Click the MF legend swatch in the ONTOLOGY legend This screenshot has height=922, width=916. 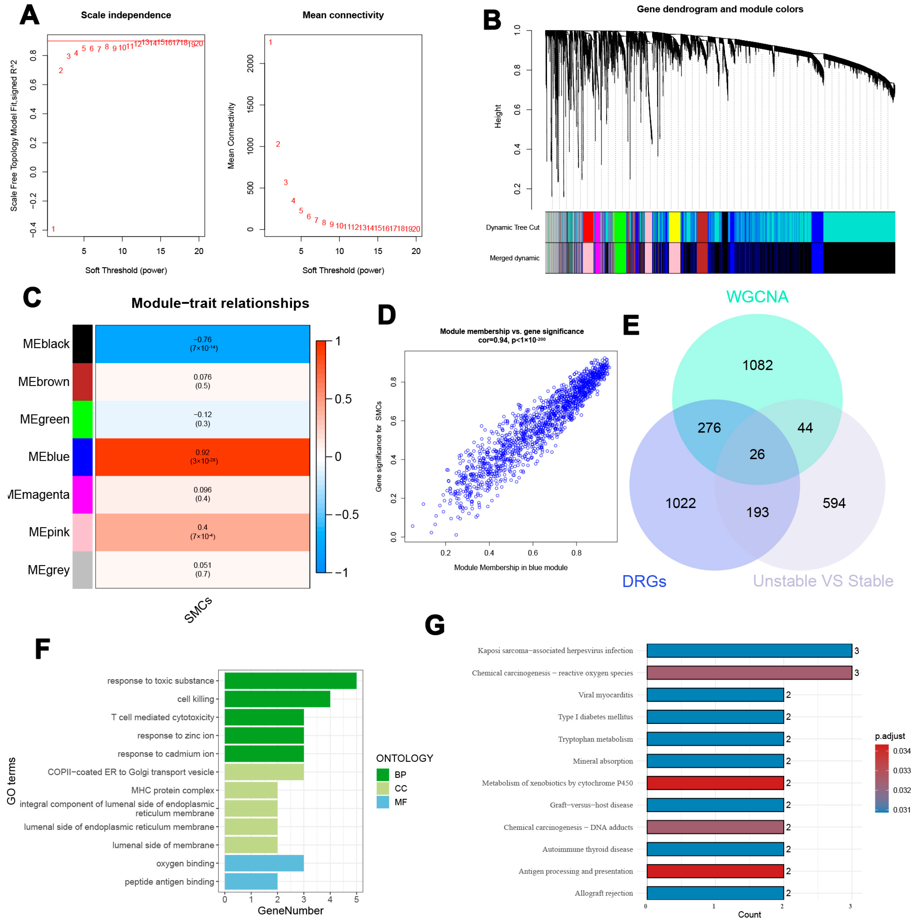click(x=383, y=802)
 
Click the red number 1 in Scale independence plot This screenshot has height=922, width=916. click(x=53, y=229)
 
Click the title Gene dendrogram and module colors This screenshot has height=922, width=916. click(x=720, y=9)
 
